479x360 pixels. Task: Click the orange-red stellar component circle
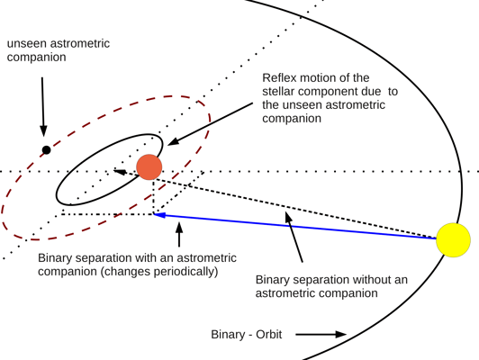[x=149, y=166]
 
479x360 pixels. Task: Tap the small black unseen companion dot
[x=47, y=149]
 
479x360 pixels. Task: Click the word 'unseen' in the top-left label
[x=29, y=43]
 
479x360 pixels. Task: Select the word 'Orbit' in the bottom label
[x=267, y=335]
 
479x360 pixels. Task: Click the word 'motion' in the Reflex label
[x=322, y=77]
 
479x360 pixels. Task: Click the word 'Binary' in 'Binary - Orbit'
[x=229, y=335]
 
